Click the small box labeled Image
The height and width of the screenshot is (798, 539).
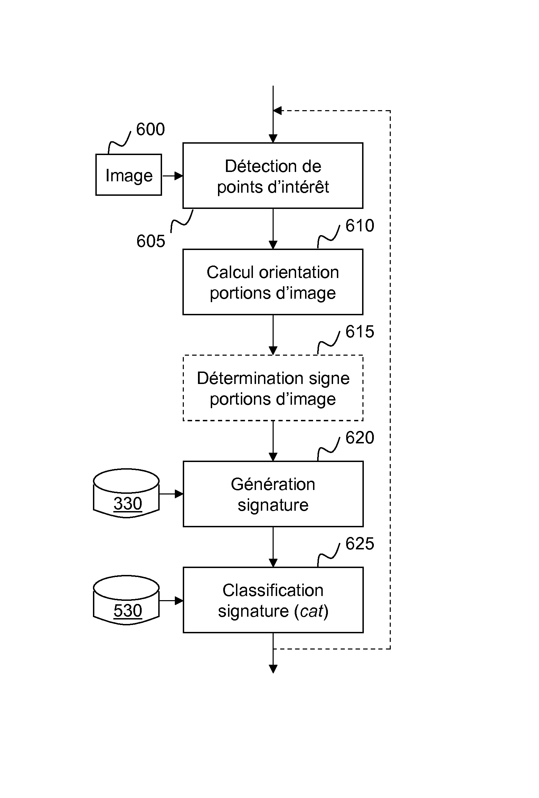[x=129, y=175]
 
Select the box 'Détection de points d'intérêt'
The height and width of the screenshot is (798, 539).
[x=273, y=176]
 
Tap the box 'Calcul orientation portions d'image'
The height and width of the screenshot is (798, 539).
[x=273, y=282]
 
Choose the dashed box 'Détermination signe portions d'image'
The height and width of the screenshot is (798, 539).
[x=273, y=388]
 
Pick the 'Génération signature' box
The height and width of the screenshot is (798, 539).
[x=273, y=494]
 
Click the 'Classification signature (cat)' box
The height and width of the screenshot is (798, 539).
[x=273, y=600]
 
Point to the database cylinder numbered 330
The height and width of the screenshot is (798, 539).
[x=126, y=494]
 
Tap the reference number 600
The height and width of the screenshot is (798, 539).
[x=150, y=129]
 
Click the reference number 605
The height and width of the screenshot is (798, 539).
[x=151, y=241]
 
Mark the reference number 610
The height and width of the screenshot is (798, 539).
[x=360, y=226]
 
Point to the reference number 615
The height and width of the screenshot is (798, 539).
[x=360, y=332]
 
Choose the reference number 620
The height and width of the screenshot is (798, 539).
[x=360, y=438]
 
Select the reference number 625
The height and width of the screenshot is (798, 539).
[x=360, y=544]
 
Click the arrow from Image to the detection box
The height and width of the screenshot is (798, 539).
[x=172, y=176]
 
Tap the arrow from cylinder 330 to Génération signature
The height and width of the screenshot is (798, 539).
[x=171, y=494]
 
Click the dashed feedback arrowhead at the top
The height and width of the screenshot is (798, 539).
[x=277, y=111]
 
